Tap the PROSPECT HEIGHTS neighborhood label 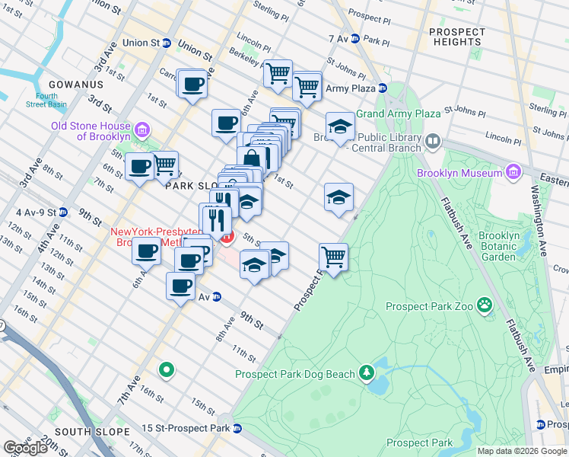pyautogui.click(x=456, y=37)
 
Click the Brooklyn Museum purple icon pyautogui.click(x=513, y=173)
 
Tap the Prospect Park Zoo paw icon pyautogui.click(x=485, y=306)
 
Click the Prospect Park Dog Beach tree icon pyautogui.click(x=367, y=373)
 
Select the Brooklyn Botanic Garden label pyautogui.click(x=498, y=246)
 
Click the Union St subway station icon pyautogui.click(x=165, y=43)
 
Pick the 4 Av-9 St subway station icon pyautogui.click(x=62, y=213)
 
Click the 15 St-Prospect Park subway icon pyautogui.click(x=237, y=428)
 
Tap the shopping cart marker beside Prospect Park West pyautogui.click(x=333, y=257)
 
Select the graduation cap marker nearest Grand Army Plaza pyautogui.click(x=340, y=126)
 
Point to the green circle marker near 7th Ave pyautogui.click(x=166, y=371)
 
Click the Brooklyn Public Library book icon pyautogui.click(x=433, y=140)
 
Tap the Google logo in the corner pyautogui.click(x=24, y=448)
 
